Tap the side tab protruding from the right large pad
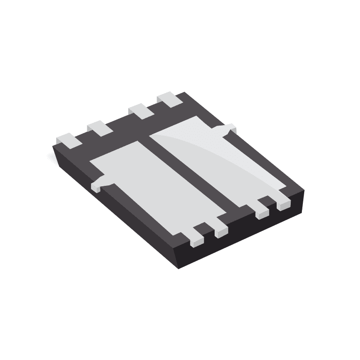pos(228,129)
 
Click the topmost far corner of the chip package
pos(184,93)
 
